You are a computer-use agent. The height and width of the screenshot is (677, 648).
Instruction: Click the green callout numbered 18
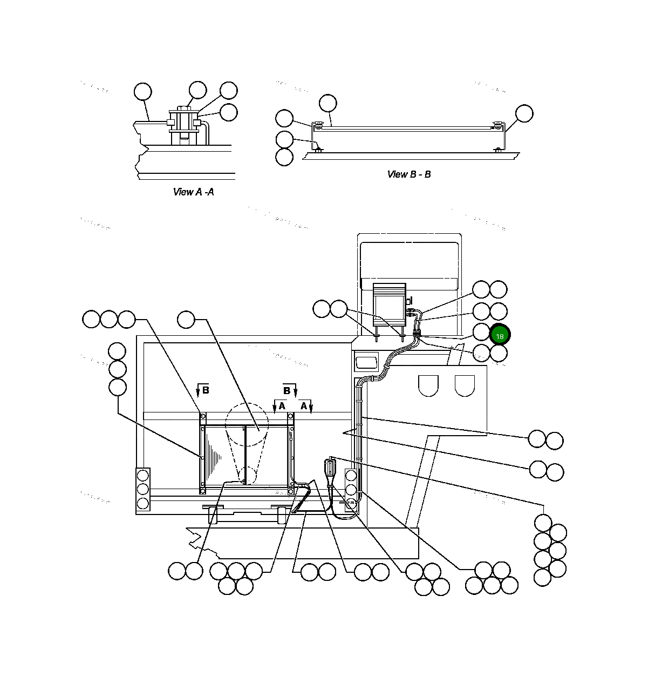pos(500,335)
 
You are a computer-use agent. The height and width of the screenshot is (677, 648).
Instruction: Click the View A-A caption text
pos(193,192)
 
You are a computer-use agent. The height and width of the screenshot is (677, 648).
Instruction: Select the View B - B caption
pos(408,174)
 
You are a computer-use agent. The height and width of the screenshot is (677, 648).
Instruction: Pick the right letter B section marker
pos(287,390)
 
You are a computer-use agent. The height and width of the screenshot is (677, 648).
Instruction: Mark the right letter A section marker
pos(304,406)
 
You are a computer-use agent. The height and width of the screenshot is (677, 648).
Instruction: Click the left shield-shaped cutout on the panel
pos(428,385)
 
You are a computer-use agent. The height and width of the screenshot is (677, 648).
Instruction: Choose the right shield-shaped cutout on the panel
pos(464,385)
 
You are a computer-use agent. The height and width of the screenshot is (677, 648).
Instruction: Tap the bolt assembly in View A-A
pos(184,125)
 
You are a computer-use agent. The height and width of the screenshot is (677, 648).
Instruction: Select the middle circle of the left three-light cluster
pos(143,489)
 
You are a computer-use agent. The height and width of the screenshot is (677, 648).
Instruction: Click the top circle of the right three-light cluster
pos(351,476)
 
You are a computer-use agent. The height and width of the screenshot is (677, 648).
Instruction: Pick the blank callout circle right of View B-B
pos(523,114)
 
